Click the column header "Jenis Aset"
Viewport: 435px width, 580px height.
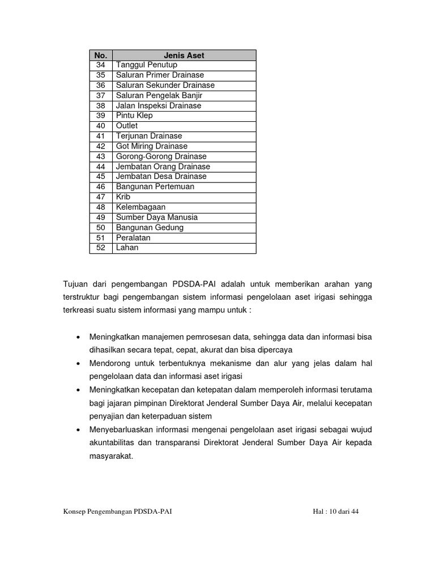[184, 56]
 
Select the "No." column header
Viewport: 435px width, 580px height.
[101, 56]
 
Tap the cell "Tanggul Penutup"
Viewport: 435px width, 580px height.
[147, 65]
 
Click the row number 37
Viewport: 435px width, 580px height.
[101, 95]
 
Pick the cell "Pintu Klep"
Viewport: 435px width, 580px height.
[134, 116]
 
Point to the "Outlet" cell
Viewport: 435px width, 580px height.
[127, 126]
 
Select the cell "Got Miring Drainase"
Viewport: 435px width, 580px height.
[151, 146]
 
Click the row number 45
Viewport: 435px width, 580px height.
[101, 176]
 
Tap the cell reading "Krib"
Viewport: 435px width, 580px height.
[123, 197]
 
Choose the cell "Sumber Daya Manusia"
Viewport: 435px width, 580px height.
[156, 217]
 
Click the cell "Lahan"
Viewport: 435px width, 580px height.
[127, 248]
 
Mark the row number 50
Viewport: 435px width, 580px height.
[101, 227]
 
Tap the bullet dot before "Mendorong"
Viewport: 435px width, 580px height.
[77, 364]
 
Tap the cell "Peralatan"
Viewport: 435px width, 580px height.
[133, 237]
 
